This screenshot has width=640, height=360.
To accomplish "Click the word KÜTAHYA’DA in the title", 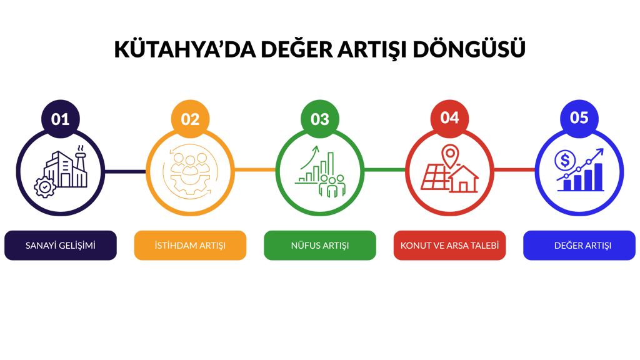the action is pos(185,49).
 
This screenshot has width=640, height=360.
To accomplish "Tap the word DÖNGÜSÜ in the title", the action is pos(469,49).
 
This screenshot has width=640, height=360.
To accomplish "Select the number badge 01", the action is pos(61,119).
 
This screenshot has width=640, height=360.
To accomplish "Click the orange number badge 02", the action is pos(190,119).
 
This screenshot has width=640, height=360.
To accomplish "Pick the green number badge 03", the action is pos(320,119).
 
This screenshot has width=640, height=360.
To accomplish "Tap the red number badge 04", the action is pos(450,118).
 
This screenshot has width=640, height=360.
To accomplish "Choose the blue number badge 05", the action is pos(579,118).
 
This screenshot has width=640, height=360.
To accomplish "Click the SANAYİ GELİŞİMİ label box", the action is pos(61,245).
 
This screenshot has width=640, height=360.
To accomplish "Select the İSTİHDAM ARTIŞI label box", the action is pos(190,245).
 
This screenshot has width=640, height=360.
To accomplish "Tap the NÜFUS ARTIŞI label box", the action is pos(320,245).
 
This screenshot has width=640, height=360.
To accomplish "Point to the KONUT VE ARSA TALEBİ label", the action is pos(450,245).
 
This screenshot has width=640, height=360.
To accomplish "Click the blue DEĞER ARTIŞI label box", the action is pos(579,245).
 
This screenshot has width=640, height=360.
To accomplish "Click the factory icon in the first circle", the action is pos(66,167).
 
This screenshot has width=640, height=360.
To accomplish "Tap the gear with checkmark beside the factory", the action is pos(44,187).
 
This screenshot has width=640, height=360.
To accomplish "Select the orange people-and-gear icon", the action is pos(190,172).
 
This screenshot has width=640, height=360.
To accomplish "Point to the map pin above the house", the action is pos(450,156).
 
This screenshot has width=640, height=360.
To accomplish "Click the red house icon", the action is pos(463,179).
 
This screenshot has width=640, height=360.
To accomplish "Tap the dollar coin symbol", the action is pos(565,161).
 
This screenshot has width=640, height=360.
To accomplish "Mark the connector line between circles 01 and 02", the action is pos(125,171).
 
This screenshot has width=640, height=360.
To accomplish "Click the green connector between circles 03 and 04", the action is pos(385,170).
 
